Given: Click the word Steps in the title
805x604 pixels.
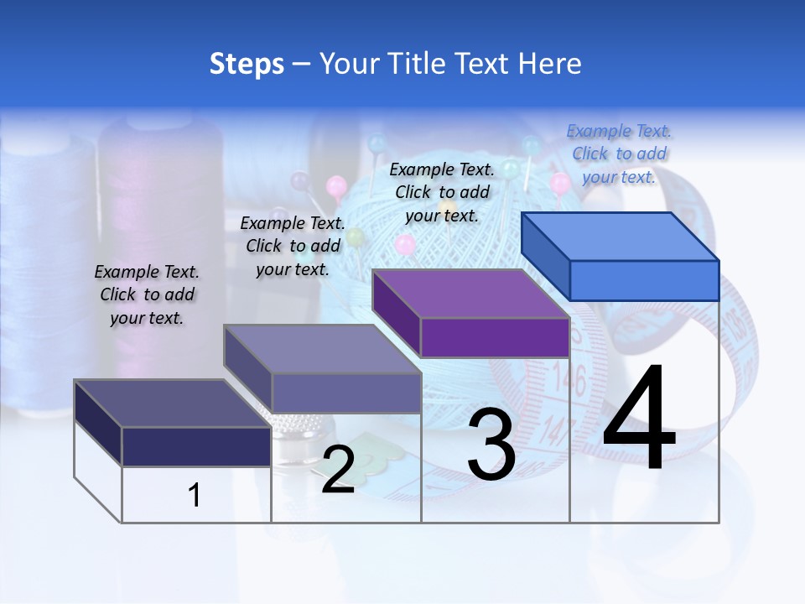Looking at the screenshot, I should click(x=247, y=64).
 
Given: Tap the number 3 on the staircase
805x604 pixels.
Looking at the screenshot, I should click(x=491, y=445).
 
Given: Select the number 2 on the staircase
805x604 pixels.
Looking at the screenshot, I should click(x=338, y=470).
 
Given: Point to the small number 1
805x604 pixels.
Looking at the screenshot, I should click(x=195, y=496).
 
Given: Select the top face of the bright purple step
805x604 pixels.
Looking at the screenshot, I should click(x=470, y=294).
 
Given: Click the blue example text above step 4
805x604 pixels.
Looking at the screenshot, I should click(x=619, y=154).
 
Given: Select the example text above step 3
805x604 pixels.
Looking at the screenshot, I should click(x=442, y=192).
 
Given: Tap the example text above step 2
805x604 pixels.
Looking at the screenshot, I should click(x=293, y=246).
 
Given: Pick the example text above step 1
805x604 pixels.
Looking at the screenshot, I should click(x=147, y=294).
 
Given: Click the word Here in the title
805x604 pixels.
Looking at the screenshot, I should click(x=550, y=64).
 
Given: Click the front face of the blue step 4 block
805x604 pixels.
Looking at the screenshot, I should click(x=644, y=280).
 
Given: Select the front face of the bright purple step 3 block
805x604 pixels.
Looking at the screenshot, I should click(x=495, y=338).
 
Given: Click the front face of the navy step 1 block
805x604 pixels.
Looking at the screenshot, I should click(x=196, y=446).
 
